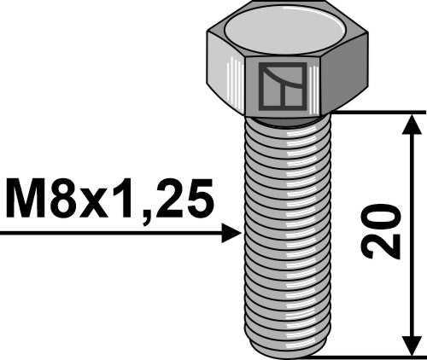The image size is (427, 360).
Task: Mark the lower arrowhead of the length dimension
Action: (412, 343)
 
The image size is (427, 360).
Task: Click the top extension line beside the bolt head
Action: (376, 112)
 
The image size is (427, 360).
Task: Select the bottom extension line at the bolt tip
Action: (376, 356)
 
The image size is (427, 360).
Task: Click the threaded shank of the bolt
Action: (287, 230)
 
